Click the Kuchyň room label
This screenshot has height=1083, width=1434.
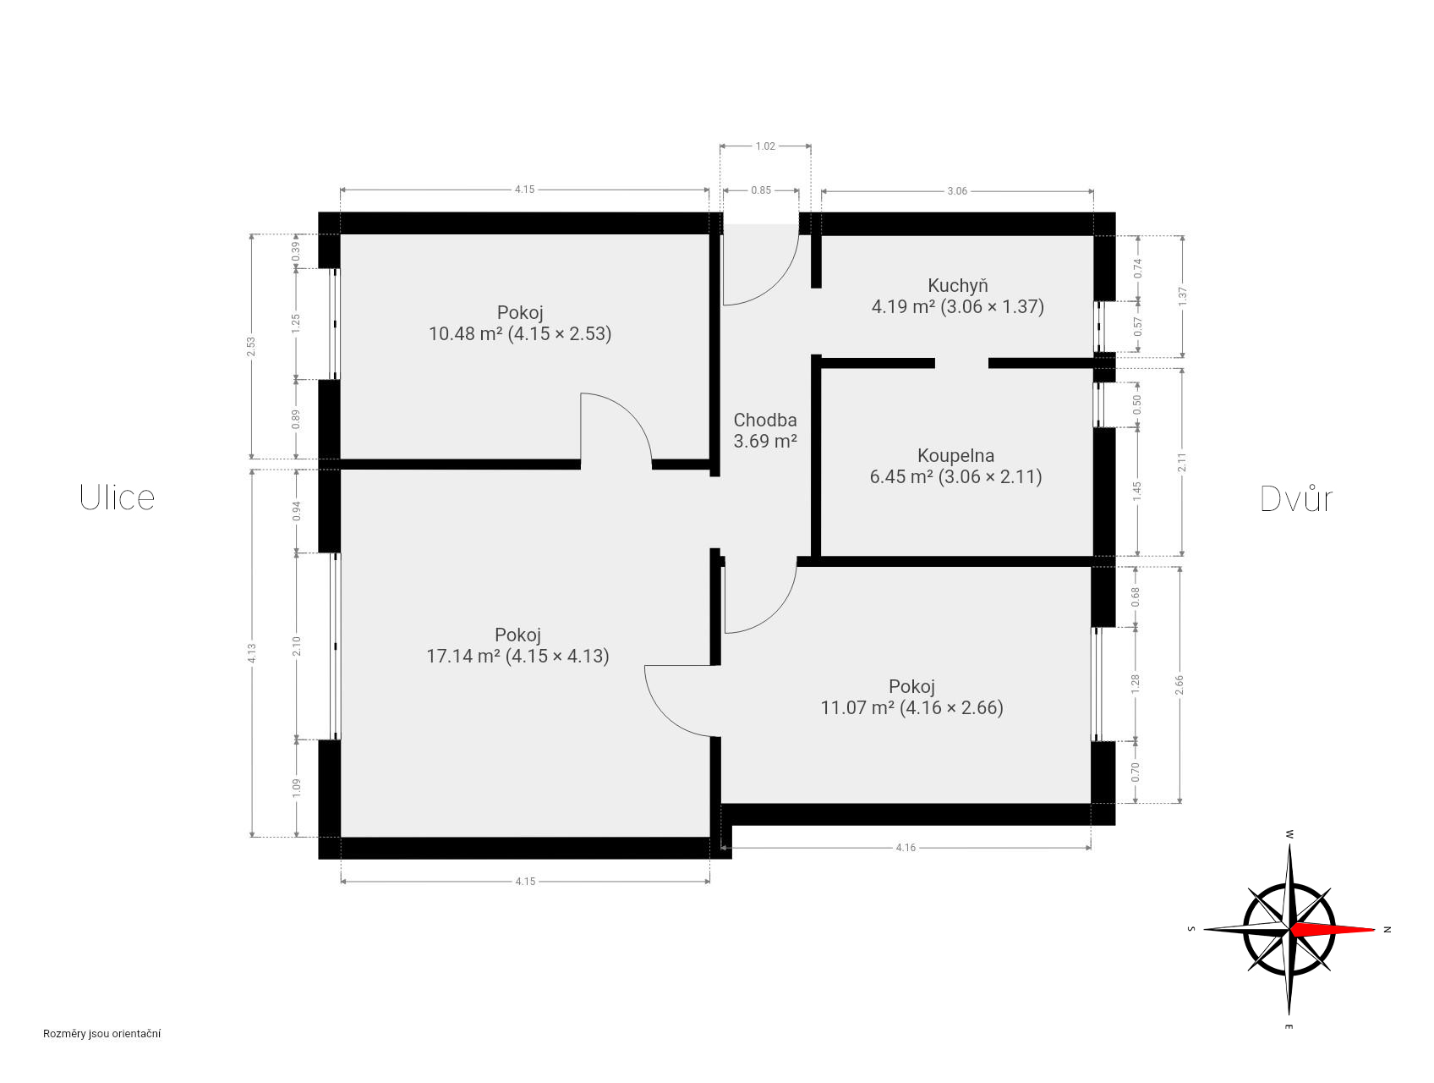coord(957,285)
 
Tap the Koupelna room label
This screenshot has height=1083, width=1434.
coord(955,455)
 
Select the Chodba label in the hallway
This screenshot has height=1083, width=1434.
coord(765,420)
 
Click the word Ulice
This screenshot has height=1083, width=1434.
coord(117,498)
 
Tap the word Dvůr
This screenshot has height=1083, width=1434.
coord(1296,498)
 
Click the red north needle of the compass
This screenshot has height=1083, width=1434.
coord(1333,929)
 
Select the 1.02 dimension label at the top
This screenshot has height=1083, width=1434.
coord(765,146)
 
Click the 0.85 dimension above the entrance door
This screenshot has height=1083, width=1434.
coord(761,190)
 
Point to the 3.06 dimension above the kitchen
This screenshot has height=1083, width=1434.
coord(957,191)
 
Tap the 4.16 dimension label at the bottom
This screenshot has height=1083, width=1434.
coord(906,847)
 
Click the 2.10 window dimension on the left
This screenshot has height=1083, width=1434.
coord(296,646)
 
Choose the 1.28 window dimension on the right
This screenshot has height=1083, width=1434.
coord(1136,684)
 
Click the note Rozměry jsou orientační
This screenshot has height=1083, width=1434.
coord(102,1033)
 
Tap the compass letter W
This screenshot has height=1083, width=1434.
coord(1289,834)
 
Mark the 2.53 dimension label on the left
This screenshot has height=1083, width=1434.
coord(251,347)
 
